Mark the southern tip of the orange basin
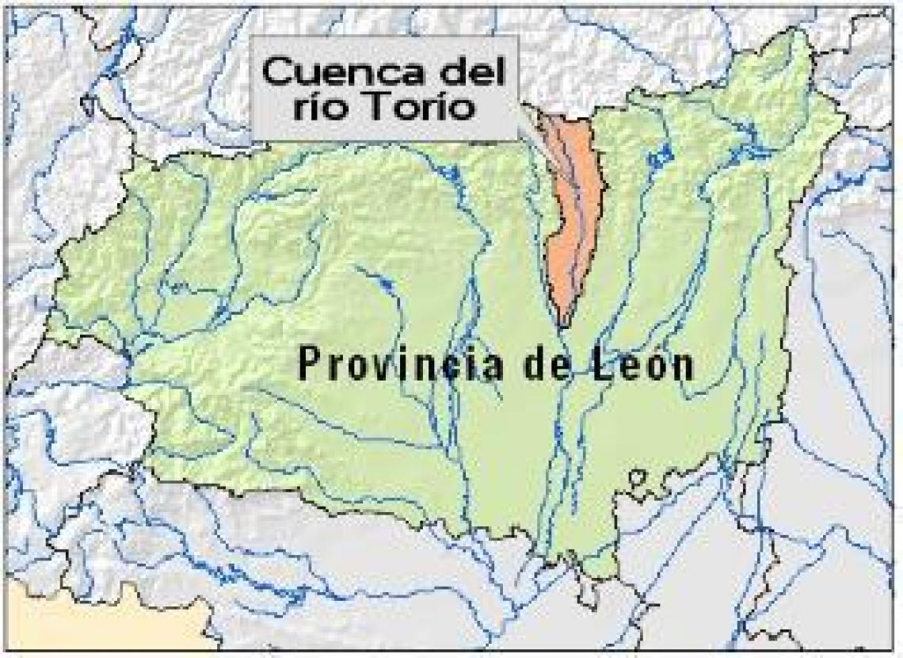(x=562, y=323)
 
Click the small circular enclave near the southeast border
(x=637, y=478)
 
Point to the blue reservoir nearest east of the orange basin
(x=657, y=159)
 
